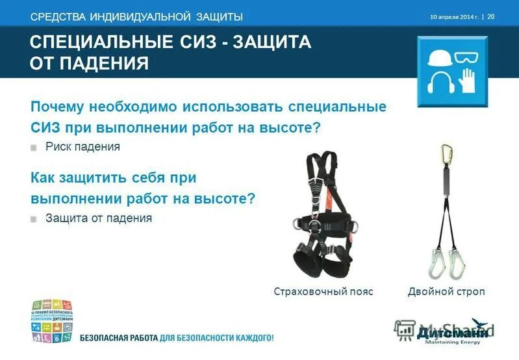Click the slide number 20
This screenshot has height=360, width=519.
pyautogui.click(x=491, y=16)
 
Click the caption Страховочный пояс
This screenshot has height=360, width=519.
pyautogui.click(x=323, y=291)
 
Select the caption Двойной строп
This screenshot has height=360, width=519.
pyautogui.click(x=446, y=291)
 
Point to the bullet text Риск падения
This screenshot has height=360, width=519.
pyautogui.click(x=82, y=147)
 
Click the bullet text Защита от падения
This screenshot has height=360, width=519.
pyautogui.click(x=99, y=218)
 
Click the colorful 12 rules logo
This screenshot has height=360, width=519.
pyautogui.click(x=51, y=321)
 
